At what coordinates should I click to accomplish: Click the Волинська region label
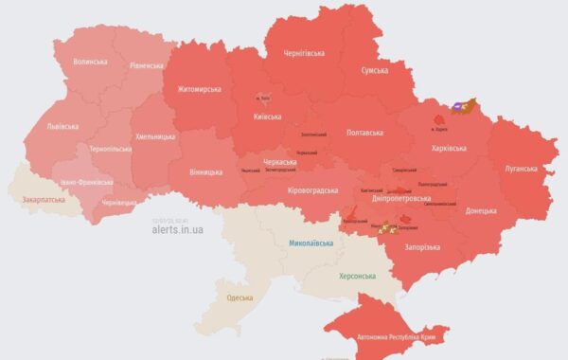(90, 63)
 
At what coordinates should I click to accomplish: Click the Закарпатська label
(44, 201)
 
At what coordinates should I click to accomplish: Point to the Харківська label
(448, 149)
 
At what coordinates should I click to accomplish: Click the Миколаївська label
(311, 243)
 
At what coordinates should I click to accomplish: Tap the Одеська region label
(240, 298)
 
